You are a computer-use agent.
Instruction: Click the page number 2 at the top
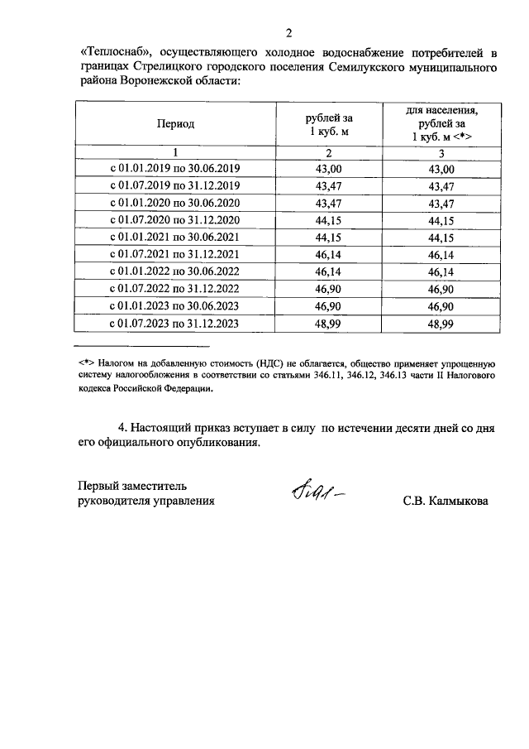[x=288, y=33]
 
